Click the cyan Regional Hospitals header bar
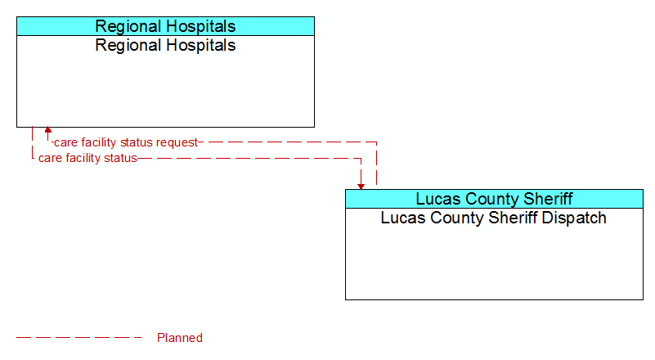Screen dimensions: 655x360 click(165, 26)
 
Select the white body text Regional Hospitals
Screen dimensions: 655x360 click(165, 46)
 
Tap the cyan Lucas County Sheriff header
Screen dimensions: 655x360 click(494, 199)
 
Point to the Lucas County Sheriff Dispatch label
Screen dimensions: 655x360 click(494, 218)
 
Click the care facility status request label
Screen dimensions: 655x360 click(126, 142)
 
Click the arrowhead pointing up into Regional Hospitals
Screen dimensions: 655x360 click(48, 130)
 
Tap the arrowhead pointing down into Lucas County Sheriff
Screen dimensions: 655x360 click(361, 187)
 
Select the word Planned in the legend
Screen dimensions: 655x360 click(180, 338)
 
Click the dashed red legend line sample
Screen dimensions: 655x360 click(79, 337)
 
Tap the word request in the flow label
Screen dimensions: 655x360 click(177, 143)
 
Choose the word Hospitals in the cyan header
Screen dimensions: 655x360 click(202, 27)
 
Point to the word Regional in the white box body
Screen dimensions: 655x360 click(129, 46)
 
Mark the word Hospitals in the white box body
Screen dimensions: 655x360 click(202, 46)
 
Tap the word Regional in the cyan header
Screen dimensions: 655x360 click(129, 27)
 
